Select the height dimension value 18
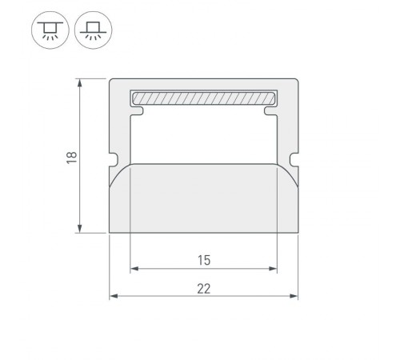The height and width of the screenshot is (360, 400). click(x=71, y=157)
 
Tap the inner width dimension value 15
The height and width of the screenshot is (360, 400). click(x=203, y=259)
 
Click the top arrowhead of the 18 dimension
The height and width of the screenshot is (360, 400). click(x=81, y=83)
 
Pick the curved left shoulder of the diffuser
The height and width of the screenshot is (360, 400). click(x=119, y=171)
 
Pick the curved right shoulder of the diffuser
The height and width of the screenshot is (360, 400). click(x=287, y=171)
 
